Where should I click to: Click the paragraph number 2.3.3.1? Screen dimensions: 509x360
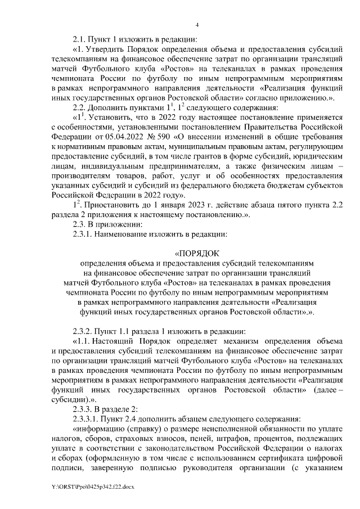point(88,419)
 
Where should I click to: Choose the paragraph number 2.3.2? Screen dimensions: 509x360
point(84,330)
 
